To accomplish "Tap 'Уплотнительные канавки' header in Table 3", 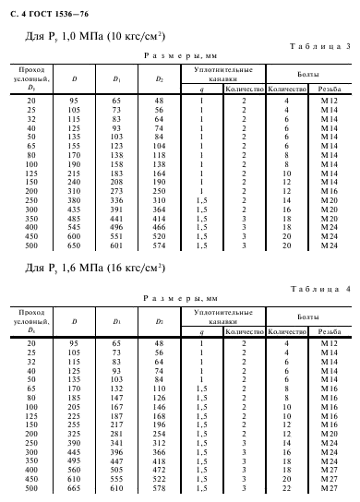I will tap(223, 72).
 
